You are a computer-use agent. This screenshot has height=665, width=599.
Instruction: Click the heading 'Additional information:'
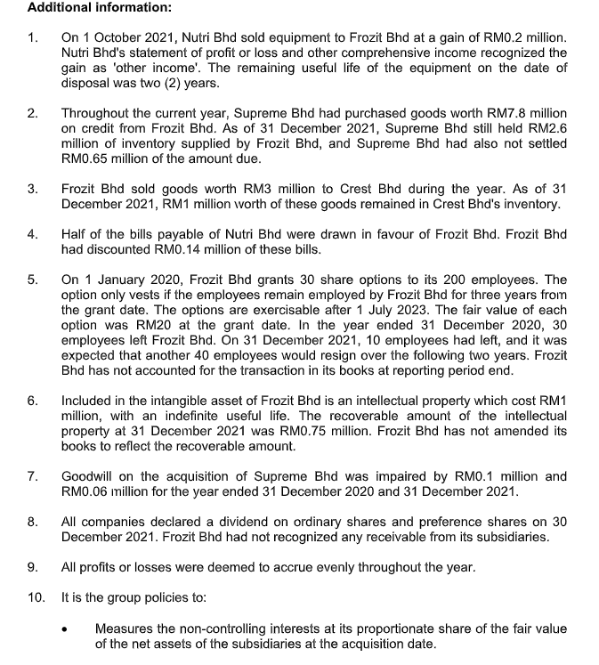click(87, 8)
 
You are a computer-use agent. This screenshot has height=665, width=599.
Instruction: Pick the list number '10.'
click(36, 596)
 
